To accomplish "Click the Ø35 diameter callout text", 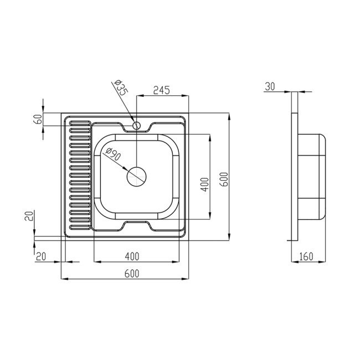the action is pyautogui.click(x=121, y=88).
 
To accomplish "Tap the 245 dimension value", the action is pyautogui.click(x=162, y=90).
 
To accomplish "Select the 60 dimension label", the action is pyautogui.click(x=39, y=119).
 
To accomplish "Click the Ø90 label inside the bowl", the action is pyautogui.click(x=114, y=154).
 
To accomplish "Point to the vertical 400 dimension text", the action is pyautogui.click(x=204, y=184).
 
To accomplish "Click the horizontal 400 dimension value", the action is pyautogui.click(x=132, y=256).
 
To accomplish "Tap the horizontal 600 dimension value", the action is pyautogui.click(x=132, y=274).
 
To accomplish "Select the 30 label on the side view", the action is pyautogui.click(x=270, y=86).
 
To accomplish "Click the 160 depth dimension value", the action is pyautogui.click(x=306, y=256).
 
